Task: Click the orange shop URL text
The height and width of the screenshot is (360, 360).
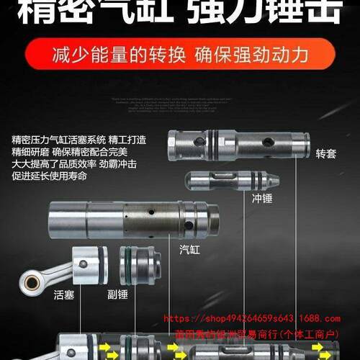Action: pos(252,318)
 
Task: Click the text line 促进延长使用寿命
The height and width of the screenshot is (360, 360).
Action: pos(49,176)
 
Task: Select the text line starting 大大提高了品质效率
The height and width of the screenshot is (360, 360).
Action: pos(68,164)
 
